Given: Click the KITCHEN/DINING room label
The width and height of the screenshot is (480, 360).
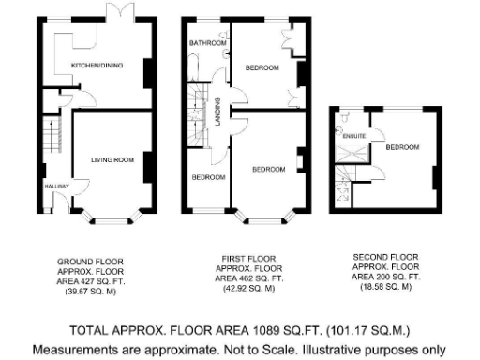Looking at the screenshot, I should click(x=97, y=66).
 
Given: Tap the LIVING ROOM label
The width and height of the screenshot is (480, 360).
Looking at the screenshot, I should click(x=112, y=159).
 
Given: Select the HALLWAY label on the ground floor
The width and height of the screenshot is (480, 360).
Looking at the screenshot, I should click(x=55, y=187).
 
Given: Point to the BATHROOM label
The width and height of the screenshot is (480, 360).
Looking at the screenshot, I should click(x=207, y=43).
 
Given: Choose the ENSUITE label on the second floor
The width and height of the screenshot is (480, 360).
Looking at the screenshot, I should click(x=354, y=137).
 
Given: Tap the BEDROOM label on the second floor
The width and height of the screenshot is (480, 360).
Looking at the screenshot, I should click(x=401, y=147).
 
